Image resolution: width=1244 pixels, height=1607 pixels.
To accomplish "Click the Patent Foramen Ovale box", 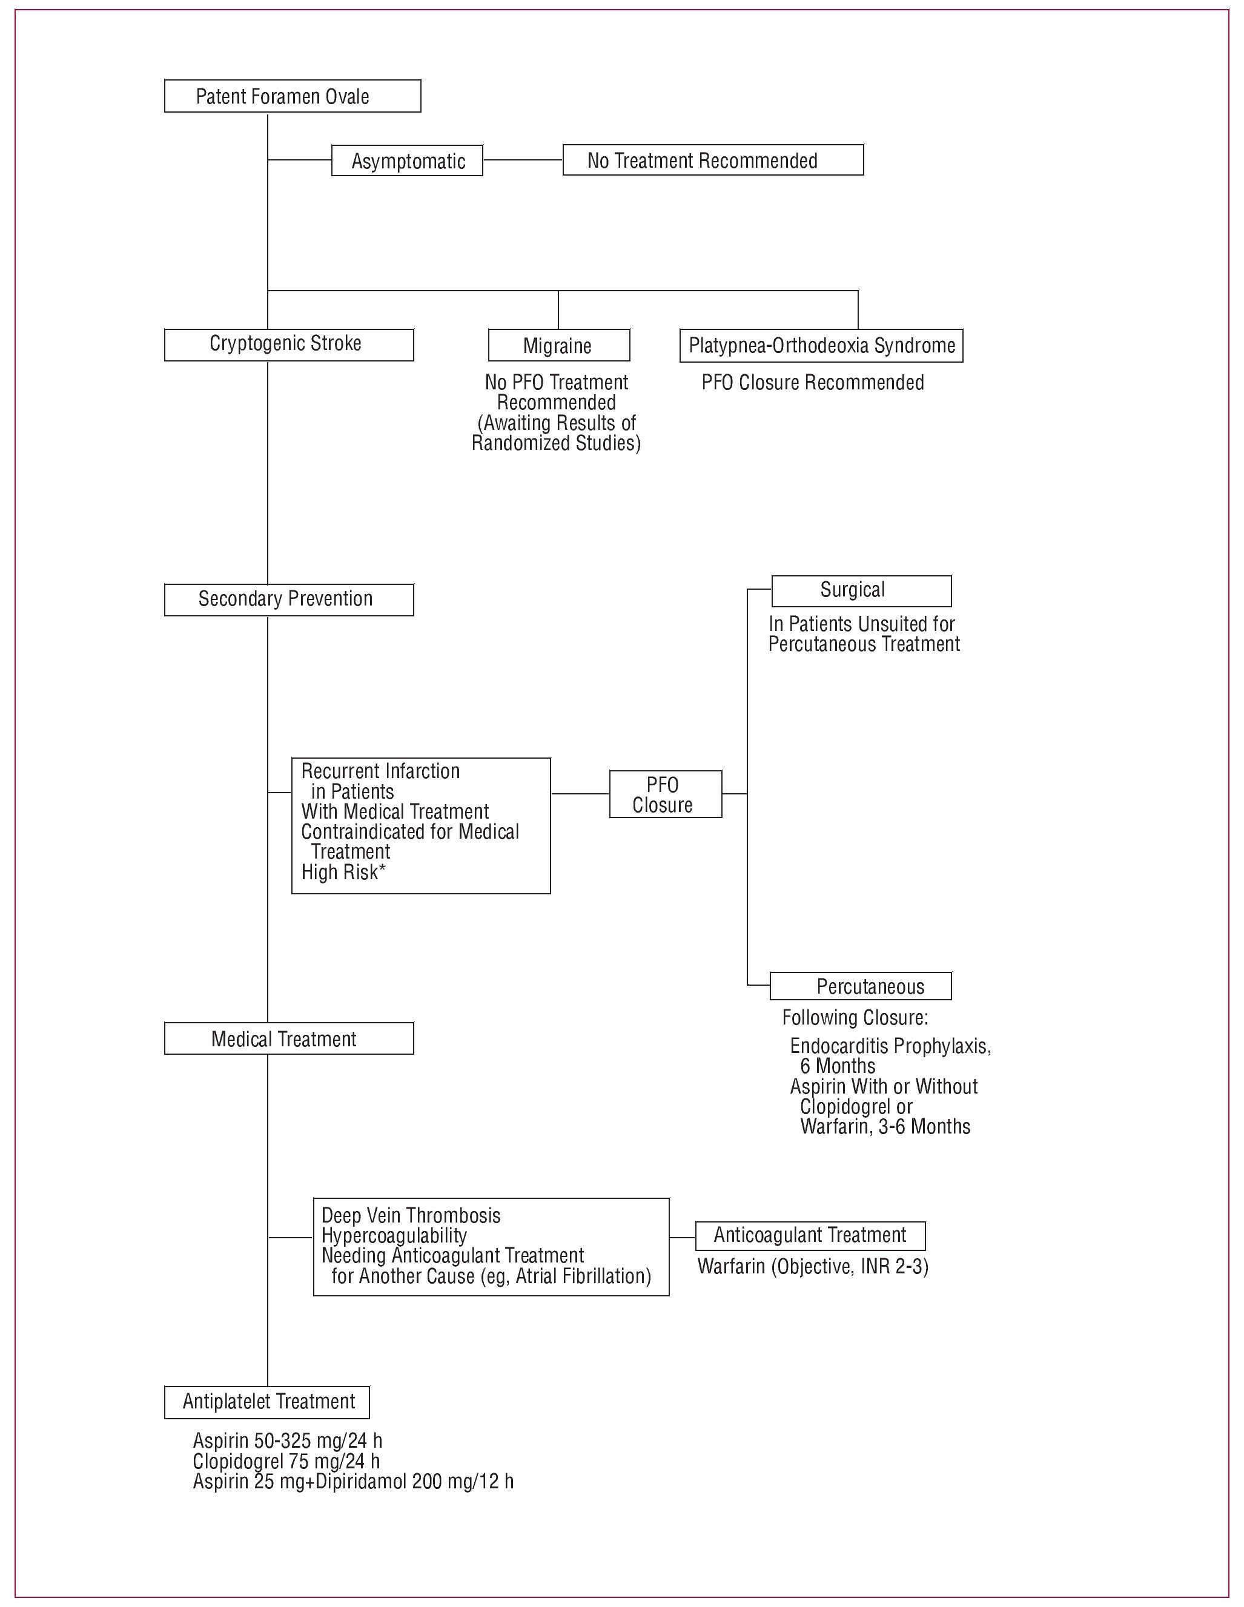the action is click(x=293, y=96).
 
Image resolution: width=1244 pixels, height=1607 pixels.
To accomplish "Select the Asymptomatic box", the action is click(x=407, y=160).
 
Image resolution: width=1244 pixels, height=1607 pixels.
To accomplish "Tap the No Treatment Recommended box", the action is click(x=712, y=160).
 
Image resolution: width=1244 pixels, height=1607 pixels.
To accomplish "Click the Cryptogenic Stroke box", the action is click(x=288, y=345).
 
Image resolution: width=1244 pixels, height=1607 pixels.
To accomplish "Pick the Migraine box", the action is click(x=558, y=345).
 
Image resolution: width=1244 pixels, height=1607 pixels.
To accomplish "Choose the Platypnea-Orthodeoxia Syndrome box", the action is click(x=821, y=345).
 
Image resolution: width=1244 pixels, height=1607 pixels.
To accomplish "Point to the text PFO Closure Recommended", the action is click(x=812, y=383).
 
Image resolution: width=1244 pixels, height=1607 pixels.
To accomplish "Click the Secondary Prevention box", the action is click(x=288, y=599).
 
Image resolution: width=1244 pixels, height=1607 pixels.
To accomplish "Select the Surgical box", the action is click(x=861, y=591).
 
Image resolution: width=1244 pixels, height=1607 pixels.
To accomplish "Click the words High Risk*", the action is click(x=343, y=872).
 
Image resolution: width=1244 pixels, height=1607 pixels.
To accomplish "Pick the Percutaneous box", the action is click(x=861, y=986).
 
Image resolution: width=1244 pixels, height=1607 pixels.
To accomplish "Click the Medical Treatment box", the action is click(x=288, y=1038).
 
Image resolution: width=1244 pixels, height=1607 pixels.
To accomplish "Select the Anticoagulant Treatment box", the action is click(x=810, y=1235).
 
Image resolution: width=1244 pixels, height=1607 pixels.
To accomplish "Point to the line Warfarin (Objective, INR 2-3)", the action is click(x=813, y=1266).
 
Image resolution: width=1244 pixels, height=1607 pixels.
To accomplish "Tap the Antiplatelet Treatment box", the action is click(x=266, y=1402).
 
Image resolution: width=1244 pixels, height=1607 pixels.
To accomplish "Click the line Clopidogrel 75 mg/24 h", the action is click(x=286, y=1460).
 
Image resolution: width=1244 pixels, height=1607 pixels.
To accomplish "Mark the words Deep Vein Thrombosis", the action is click(x=411, y=1216).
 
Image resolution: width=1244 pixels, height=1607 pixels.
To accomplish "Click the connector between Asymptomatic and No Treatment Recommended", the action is click(x=523, y=160).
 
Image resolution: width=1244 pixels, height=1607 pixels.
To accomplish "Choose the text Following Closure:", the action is click(x=855, y=1018).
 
